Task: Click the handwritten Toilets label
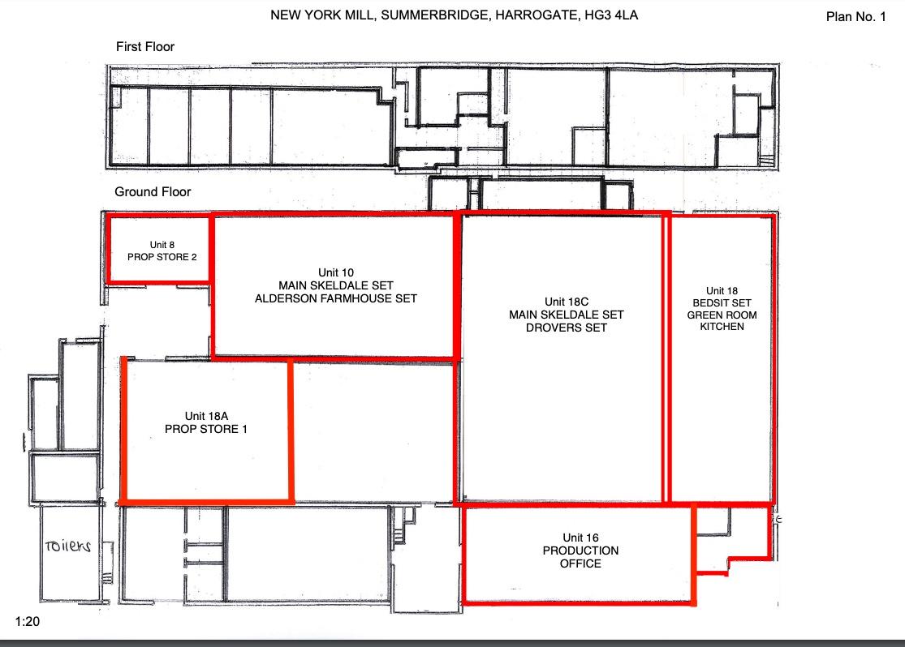tap(68, 546)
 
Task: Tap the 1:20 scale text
tap(27, 621)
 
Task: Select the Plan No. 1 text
tap(856, 17)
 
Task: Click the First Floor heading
tap(144, 47)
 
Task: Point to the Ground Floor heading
tap(153, 191)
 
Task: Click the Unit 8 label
tap(162, 245)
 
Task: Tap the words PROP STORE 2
tap(162, 257)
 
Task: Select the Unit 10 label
tap(336, 272)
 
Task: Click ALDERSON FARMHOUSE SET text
tap(336, 298)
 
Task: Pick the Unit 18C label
tap(567, 302)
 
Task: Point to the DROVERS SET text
tap(567, 328)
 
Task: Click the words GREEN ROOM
tap(722, 315)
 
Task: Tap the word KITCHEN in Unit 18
tap(722, 327)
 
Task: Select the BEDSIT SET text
tap(722, 302)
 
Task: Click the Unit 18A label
tap(206, 416)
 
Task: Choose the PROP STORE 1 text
tap(206, 429)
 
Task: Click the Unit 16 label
tap(580, 538)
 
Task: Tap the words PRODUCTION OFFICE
tap(580, 557)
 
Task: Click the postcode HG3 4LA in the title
tap(611, 15)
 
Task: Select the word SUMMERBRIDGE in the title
tap(434, 15)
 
